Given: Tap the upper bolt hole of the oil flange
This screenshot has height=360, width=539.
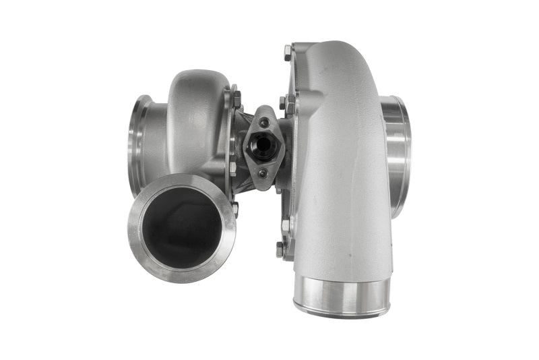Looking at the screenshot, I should (x=264, y=122).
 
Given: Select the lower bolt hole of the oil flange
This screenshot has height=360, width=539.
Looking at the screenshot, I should (x=263, y=173).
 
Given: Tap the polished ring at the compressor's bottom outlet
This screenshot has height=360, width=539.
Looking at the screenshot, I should (x=342, y=296).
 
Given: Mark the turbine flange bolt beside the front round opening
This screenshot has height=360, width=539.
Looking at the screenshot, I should (x=234, y=208).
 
